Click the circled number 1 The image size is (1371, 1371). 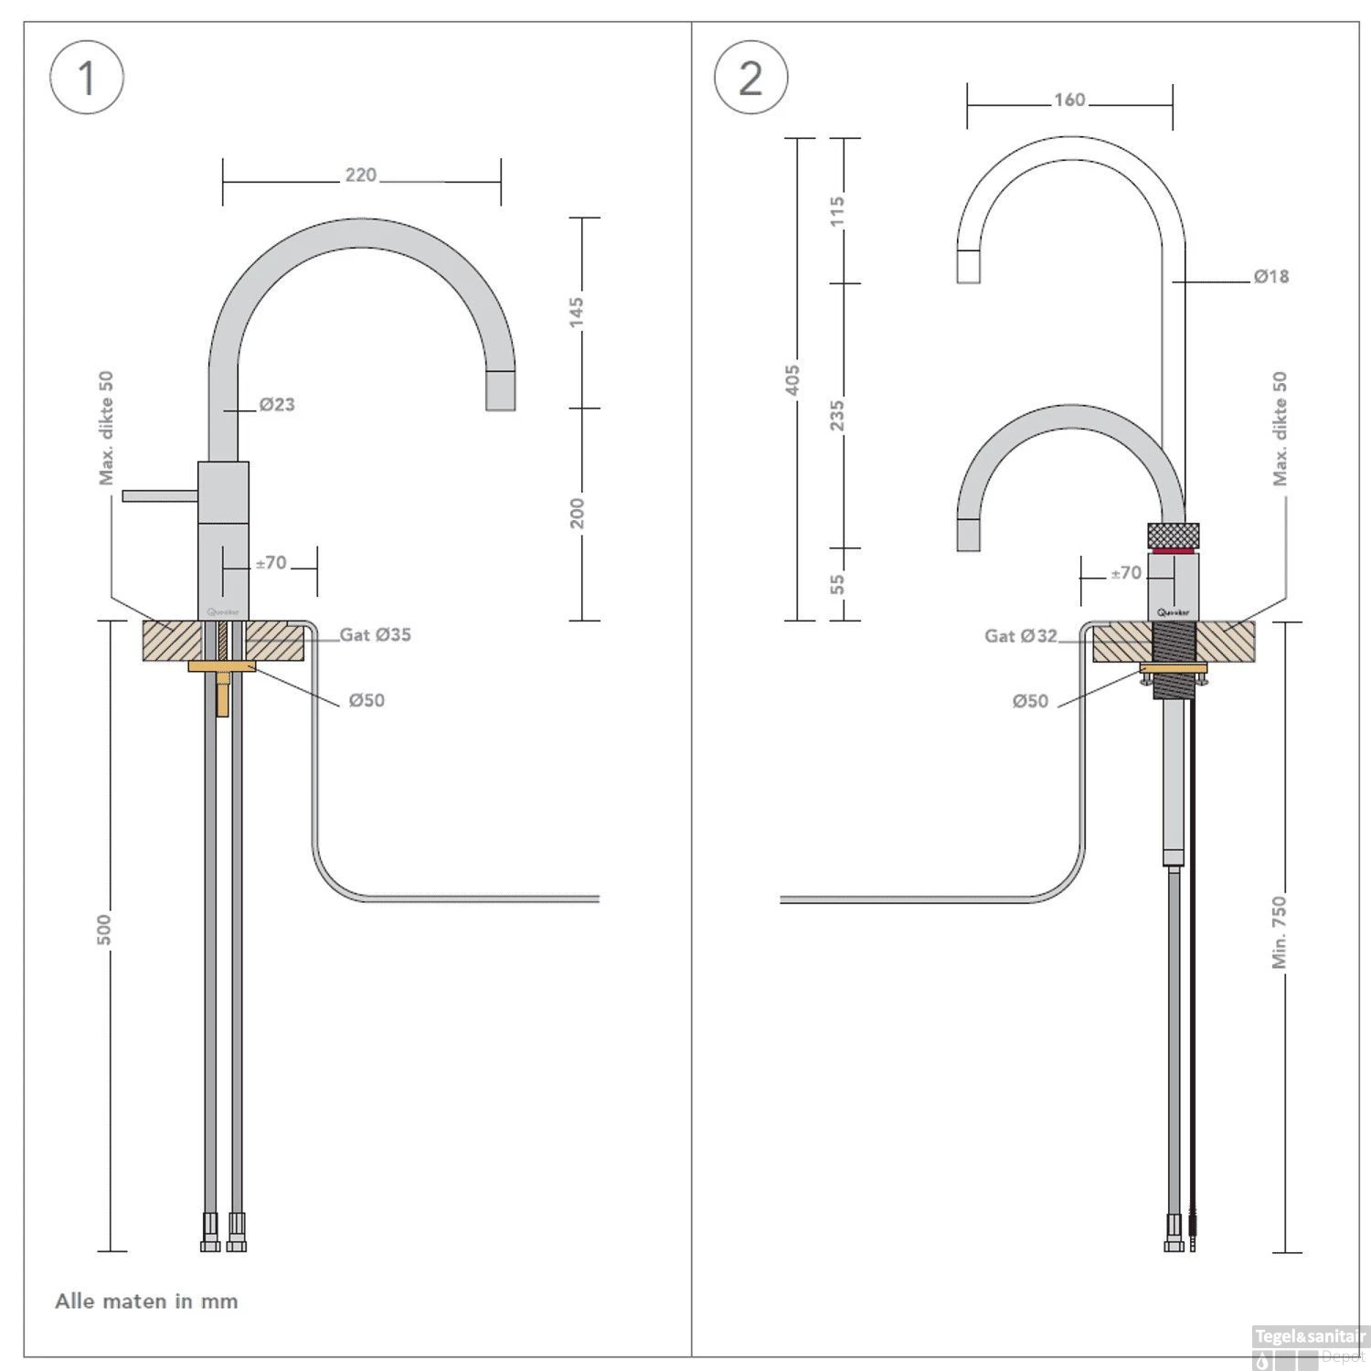click(x=86, y=77)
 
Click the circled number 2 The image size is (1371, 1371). click(x=750, y=77)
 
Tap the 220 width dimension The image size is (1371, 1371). click(x=360, y=175)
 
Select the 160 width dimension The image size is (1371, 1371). click(x=1068, y=100)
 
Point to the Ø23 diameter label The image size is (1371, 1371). click(x=276, y=404)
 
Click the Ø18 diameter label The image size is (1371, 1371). click(x=1270, y=276)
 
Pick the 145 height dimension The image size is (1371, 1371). click(x=576, y=312)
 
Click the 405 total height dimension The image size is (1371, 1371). click(x=792, y=379)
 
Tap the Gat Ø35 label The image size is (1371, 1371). click(x=375, y=634)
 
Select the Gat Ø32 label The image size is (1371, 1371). click(x=1020, y=635)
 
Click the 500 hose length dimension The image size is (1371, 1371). click(x=104, y=930)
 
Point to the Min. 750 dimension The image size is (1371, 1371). click(x=1279, y=931)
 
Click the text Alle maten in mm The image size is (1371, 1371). click(x=146, y=1301)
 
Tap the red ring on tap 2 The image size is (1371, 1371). click(x=1173, y=551)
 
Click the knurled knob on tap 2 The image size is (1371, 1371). click(x=1173, y=535)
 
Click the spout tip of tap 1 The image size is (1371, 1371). click(x=500, y=391)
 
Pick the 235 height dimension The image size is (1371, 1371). click(x=836, y=416)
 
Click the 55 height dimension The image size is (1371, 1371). click(x=836, y=584)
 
